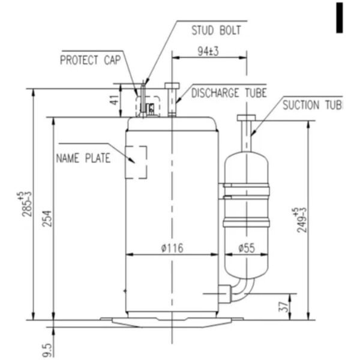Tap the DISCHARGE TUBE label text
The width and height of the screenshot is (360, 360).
(229, 93)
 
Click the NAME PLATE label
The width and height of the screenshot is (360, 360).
(83, 159)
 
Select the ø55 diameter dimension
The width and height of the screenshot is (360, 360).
(246, 248)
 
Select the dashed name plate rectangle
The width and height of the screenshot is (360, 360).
(136, 161)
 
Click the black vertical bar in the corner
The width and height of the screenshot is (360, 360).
(340, 17)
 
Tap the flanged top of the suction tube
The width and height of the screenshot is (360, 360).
(247, 118)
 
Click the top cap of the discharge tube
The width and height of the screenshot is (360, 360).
(172, 86)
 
